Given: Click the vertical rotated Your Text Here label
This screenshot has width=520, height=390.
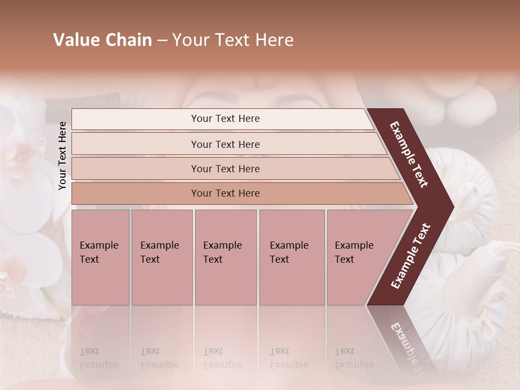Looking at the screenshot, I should (x=63, y=155).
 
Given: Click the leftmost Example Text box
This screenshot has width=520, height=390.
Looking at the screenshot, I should (x=100, y=257).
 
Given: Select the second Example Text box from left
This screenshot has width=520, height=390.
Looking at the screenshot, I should (x=161, y=257).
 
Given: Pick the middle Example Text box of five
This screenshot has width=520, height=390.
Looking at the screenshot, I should (x=225, y=257).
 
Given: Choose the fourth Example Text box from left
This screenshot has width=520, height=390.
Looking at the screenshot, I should (x=291, y=257).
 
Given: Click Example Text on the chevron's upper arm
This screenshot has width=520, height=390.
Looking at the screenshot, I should (x=409, y=154).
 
